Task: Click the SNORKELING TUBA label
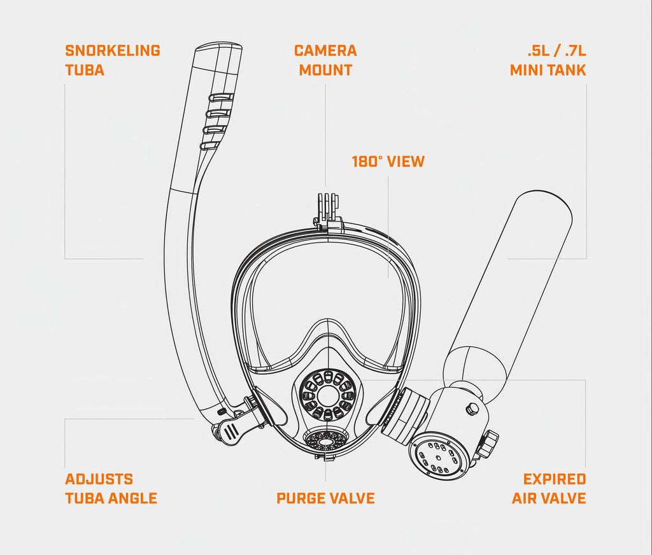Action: (x=112, y=60)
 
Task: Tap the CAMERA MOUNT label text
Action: (x=325, y=60)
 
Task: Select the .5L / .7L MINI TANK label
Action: (x=548, y=60)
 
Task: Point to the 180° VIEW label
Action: (x=388, y=161)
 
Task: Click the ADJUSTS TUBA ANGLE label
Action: (x=111, y=488)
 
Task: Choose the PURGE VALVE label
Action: (x=325, y=498)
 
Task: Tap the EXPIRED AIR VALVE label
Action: (x=549, y=488)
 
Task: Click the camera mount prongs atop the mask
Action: (x=329, y=204)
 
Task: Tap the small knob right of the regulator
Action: (x=489, y=442)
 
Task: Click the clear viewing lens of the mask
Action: (x=325, y=286)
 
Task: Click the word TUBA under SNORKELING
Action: (x=85, y=69)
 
